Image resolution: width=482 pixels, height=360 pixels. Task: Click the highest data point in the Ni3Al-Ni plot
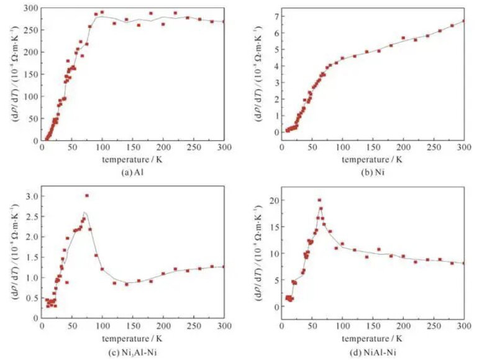click(87, 196)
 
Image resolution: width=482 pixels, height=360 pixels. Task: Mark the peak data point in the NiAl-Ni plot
click(319, 200)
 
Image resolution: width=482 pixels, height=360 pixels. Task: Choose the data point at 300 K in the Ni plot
click(464, 21)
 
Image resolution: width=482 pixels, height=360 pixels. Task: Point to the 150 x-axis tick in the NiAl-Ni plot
click(373, 327)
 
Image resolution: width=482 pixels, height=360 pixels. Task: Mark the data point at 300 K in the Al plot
click(224, 22)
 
